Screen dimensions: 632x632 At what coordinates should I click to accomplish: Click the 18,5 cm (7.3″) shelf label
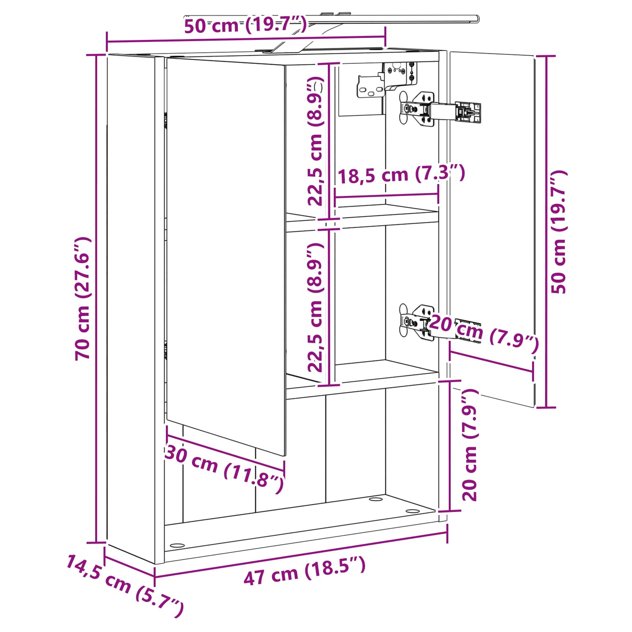(x=401, y=174)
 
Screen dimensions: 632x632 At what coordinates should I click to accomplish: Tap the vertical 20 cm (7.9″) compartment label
(x=470, y=444)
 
